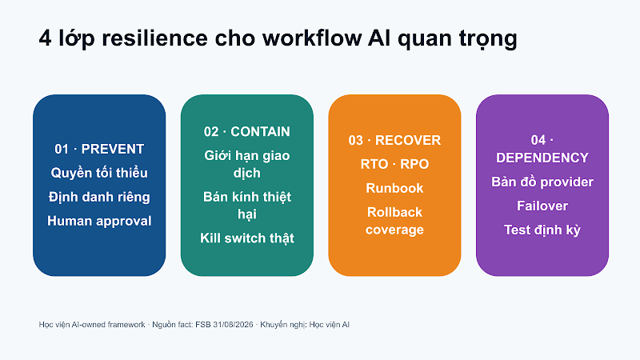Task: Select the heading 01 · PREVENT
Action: coord(99,149)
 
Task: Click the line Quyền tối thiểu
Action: coord(99,173)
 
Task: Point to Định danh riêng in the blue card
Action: coord(99,197)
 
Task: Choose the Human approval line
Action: coord(99,222)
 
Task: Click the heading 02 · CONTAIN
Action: coord(247,131)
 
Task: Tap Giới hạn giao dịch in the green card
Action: coord(247,164)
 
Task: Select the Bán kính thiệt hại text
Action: coord(247,206)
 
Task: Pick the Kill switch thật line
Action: coord(247,238)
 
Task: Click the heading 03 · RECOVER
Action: coord(394,140)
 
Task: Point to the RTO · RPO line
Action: coord(394,164)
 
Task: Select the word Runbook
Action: coord(394,188)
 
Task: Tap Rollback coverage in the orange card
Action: coord(394,221)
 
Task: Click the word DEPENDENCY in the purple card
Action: coord(542,158)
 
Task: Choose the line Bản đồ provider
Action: coord(542,182)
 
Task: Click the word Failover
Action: coord(542,206)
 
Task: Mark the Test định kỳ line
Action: coord(542,230)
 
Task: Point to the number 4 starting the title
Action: coord(45,38)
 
